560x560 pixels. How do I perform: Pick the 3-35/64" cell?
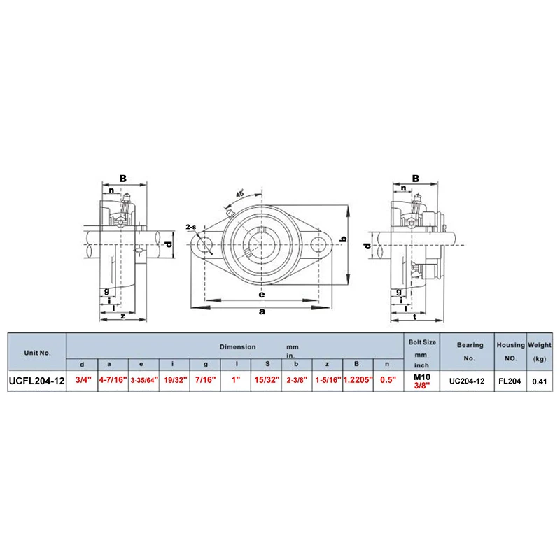(143, 381)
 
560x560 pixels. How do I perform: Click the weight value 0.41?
(539, 381)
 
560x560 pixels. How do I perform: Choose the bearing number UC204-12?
(469, 381)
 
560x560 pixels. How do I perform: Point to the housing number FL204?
(510, 381)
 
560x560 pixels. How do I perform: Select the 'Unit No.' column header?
(37, 352)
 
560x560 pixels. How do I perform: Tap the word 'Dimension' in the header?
(238, 346)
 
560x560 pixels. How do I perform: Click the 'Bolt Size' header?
(421, 342)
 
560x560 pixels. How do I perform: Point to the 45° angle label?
(241, 194)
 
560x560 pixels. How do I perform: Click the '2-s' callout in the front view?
(190, 227)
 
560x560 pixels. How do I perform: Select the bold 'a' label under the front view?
(261, 312)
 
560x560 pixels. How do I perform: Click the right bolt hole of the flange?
(319, 245)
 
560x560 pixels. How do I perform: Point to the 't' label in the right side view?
(415, 316)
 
